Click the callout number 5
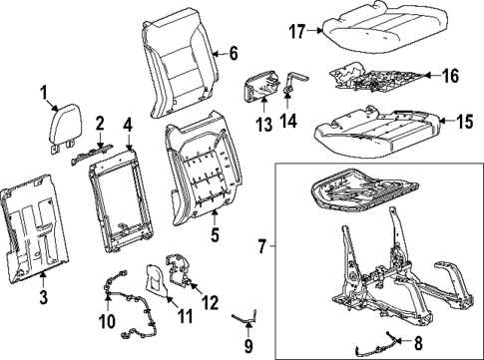[x=214, y=236]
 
